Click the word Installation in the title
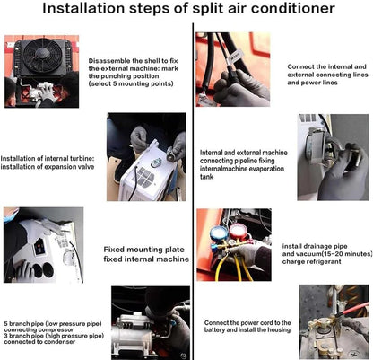pos(82,8)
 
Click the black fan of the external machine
pos(41,55)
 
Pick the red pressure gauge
pos(238,232)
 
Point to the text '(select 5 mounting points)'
pos(131,83)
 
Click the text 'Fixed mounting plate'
pos(143,250)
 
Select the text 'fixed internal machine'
pos(146,259)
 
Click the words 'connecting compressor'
pos(39,329)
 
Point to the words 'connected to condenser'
pos(39,342)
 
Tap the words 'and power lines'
pos(312,83)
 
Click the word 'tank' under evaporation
pos(206,177)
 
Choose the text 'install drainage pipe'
pos(315,246)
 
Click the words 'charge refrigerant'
pos(311,262)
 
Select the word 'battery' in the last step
pos(214,329)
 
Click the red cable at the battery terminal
pos(354,309)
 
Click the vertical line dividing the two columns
pos(193,191)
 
